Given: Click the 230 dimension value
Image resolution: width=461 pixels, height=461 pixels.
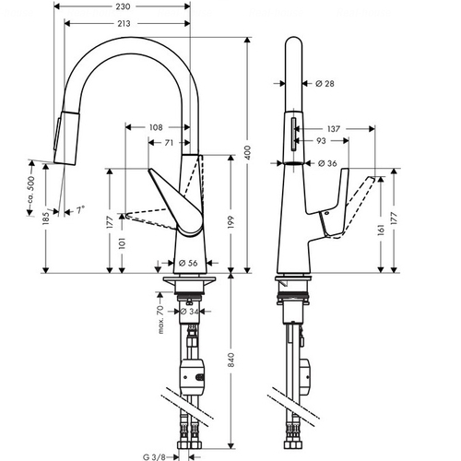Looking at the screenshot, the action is [123, 6].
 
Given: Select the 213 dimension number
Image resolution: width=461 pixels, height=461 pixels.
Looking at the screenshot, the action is [124, 24].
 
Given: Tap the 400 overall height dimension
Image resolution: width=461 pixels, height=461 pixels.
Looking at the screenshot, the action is [248, 153].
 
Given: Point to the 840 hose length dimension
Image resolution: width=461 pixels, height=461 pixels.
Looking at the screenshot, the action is [231, 360].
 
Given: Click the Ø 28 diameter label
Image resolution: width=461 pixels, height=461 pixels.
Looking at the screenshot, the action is [325, 83].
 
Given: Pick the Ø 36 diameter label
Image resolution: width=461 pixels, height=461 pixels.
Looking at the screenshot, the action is [327, 163].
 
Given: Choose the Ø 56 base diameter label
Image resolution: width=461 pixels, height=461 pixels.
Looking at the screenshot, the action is [188, 263].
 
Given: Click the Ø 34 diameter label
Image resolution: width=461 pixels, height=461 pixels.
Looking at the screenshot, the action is [189, 312].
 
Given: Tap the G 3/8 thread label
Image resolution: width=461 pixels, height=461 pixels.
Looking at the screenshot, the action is [154, 457].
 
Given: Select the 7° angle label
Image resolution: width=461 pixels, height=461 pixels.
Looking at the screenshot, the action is [80, 210].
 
